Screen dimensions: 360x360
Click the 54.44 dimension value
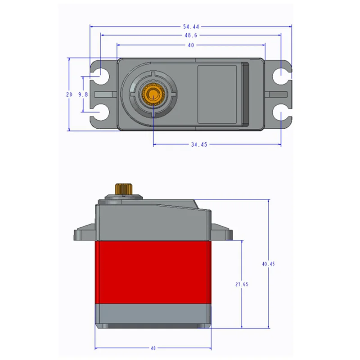click(191, 26)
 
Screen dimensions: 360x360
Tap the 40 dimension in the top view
click(191, 45)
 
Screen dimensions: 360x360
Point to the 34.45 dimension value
click(198, 144)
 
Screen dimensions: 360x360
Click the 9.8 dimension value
click(83, 94)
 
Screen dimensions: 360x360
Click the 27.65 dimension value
click(242, 284)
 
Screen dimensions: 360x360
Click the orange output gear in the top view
click(153, 94)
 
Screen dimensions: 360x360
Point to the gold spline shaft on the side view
click(121, 189)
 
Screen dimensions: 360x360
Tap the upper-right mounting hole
click(280, 74)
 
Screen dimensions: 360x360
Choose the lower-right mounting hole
click(280, 112)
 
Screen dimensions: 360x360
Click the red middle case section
click(153, 272)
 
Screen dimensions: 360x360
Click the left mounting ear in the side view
click(85, 234)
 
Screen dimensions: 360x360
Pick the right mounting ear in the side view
click(221, 233)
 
